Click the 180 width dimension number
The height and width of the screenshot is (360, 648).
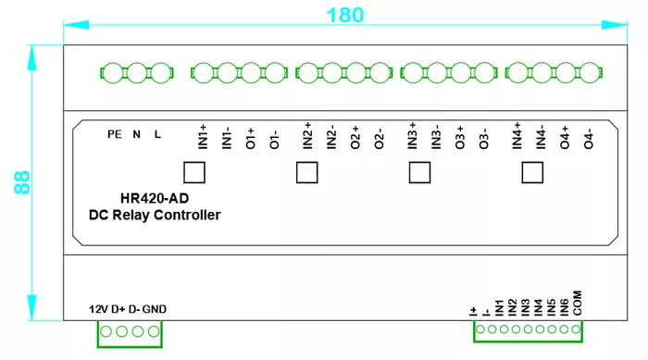click(345, 16)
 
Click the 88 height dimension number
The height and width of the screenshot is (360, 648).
click(22, 182)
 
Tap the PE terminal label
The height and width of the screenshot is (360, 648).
click(115, 134)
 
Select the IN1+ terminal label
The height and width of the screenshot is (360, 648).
click(203, 137)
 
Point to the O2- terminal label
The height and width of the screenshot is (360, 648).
click(379, 139)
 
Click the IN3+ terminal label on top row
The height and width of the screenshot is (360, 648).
click(412, 135)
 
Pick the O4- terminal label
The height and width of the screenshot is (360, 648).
click(589, 139)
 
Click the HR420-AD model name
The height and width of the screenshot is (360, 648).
click(155, 198)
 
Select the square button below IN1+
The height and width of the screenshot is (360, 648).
click(194, 172)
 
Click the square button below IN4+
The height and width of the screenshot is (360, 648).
click(532, 172)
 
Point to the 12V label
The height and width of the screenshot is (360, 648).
click(99, 309)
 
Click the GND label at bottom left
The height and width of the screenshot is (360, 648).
click(155, 309)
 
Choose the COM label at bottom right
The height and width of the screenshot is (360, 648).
click(578, 303)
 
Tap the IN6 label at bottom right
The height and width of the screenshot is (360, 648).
click(564, 308)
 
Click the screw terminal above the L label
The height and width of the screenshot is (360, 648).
click(161, 73)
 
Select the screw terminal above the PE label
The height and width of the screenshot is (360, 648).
click(113, 73)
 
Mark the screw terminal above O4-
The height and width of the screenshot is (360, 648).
click(590, 73)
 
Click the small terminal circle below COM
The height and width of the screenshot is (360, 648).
click(576, 329)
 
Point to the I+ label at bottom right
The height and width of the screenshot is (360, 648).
click(474, 311)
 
